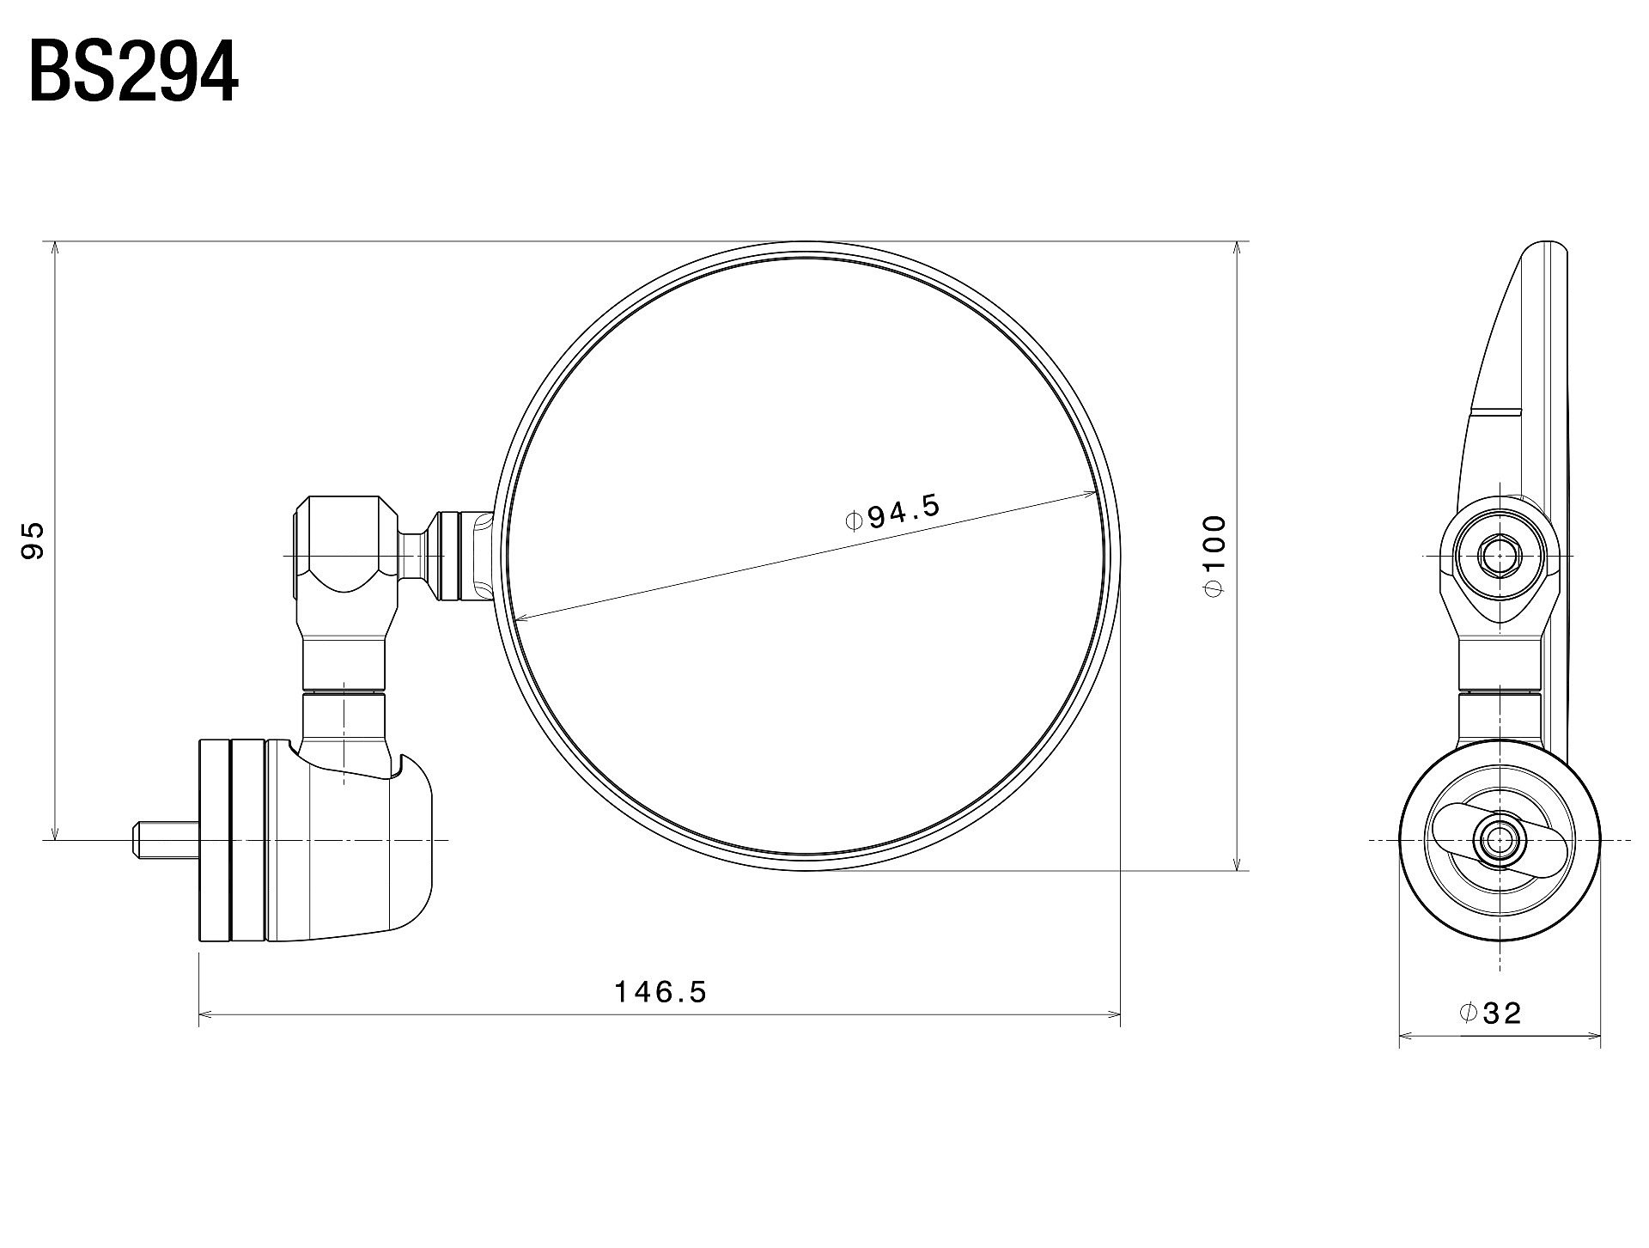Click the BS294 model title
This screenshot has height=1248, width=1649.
[134, 74]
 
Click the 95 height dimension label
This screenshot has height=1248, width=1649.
[32, 541]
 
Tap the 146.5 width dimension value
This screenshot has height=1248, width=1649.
[660, 992]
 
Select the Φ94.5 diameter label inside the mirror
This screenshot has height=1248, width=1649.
[893, 513]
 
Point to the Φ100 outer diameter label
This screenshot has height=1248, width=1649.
[1214, 555]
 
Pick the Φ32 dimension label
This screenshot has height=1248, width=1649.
[1490, 1014]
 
